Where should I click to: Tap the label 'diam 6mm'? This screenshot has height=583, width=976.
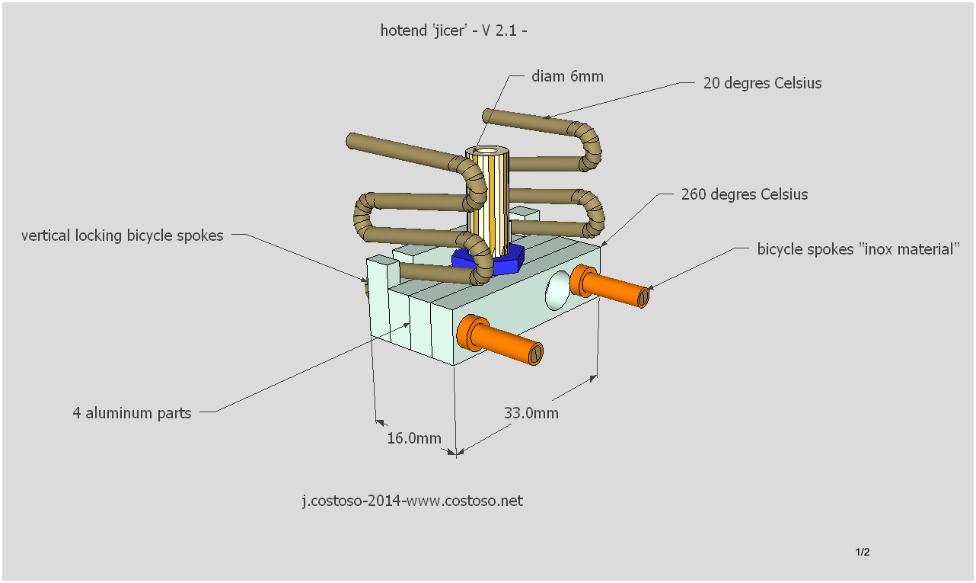pyautogui.click(x=567, y=76)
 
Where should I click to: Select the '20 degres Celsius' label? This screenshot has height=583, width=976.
pyautogui.click(x=762, y=83)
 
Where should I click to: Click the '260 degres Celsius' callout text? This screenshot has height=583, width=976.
pyautogui.click(x=745, y=194)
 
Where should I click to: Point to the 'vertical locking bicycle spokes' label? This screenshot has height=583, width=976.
pyautogui.click(x=123, y=235)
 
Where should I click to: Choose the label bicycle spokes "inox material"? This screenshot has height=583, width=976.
pyautogui.click(x=858, y=249)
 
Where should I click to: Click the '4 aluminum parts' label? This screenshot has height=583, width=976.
pyautogui.click(x=132, y=413)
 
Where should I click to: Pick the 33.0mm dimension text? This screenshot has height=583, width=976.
pyautogui.click(x=531, y=413)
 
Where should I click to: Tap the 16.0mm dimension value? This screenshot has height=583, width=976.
pyautogui.click(x=414, y=438)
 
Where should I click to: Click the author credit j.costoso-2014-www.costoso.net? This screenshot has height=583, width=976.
pyautogui.click(x=412, y=501)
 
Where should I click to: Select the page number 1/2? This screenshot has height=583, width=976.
pyautogui.click(x=863, y=552)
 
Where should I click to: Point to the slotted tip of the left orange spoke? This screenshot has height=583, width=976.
pyautogui.click(x=536, y=351)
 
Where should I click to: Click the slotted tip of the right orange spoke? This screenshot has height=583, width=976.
pyautogui.click(x=644, y=296)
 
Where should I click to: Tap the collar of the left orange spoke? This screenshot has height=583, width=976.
pyautogui.click(x=469, y=335)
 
